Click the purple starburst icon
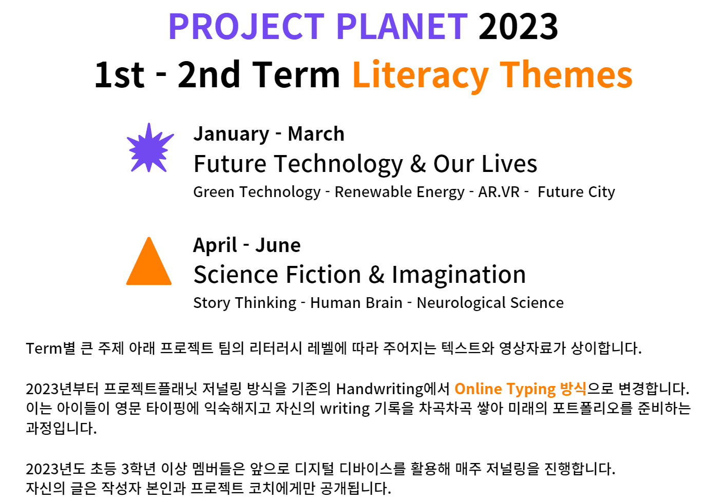point(150,148)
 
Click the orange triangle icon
point(149,261)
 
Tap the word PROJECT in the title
point(246,27)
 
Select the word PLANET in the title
point(402,27)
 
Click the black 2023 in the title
point(518,27)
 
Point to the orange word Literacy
point(421,75)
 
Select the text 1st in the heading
point(119,75)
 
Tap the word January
point(231,134)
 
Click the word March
point(316,133)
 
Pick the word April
point(215,245)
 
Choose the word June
point(278,245)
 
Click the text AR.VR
point(499,192)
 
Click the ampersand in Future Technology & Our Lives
point(418,164)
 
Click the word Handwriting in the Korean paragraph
point(379,389)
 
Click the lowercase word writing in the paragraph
point(345,409)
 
